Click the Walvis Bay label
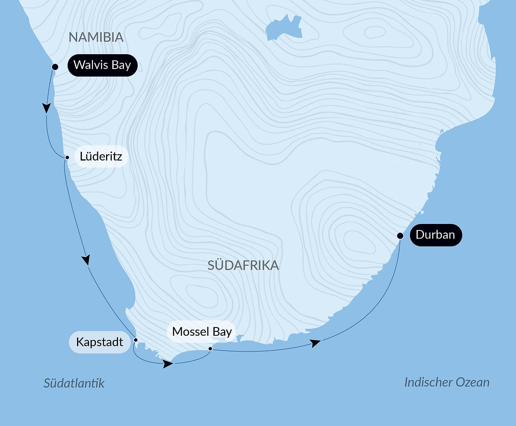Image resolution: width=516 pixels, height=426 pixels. (102, 65)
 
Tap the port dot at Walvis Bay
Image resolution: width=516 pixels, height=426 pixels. (55, 67)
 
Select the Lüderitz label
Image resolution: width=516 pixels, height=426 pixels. (101, 156)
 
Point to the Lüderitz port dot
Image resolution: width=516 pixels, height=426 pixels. (67, 157)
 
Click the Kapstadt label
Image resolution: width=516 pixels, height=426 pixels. (99, 342)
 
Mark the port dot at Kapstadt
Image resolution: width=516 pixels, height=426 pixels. (135, 340)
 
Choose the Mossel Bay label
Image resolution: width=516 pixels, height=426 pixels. (202, 332)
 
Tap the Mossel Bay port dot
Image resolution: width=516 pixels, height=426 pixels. (210, 349)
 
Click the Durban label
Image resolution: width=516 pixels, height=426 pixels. (435, 235)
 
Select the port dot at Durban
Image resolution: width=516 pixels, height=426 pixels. (400, 236)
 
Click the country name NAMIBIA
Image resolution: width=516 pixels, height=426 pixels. (96, 37)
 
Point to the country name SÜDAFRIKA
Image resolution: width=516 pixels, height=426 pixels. (243, 265)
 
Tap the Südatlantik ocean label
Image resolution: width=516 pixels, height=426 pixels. (74, 383)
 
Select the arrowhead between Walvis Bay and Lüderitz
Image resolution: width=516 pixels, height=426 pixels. (47, 108)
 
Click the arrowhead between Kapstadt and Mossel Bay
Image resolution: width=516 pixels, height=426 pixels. (168, 364)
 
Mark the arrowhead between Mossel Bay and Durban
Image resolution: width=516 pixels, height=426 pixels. (315, 343)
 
